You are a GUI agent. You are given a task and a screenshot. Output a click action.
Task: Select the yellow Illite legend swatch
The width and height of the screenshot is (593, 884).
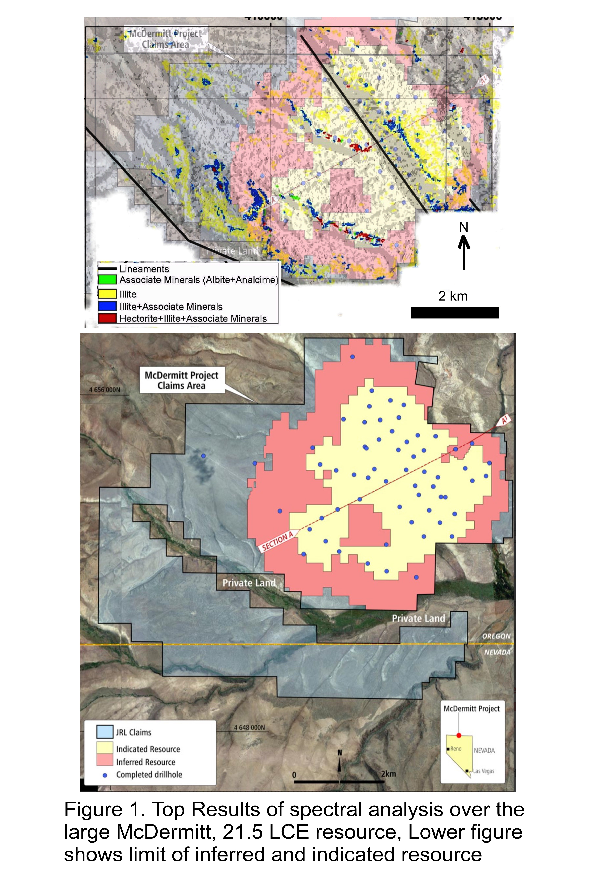coord(107,294)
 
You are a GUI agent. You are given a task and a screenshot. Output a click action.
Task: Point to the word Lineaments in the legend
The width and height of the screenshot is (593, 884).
coord(144,269)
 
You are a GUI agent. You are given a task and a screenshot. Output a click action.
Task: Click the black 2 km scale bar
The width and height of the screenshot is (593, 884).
coord(454,313)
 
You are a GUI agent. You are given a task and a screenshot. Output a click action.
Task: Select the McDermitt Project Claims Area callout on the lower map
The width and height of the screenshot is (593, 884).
coord(182,380)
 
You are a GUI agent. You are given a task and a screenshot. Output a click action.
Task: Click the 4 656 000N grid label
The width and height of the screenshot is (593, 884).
coord(104,390)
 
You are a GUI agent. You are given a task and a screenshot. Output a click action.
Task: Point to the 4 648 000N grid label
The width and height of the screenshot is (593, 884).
coord(250,728)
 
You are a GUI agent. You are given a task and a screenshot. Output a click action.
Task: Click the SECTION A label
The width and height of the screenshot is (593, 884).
coord(278,541)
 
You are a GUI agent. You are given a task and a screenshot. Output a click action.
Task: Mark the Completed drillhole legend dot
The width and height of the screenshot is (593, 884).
coord(105,775)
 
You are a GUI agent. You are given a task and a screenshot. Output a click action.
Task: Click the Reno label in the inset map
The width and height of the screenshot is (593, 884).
coord(456,749)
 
